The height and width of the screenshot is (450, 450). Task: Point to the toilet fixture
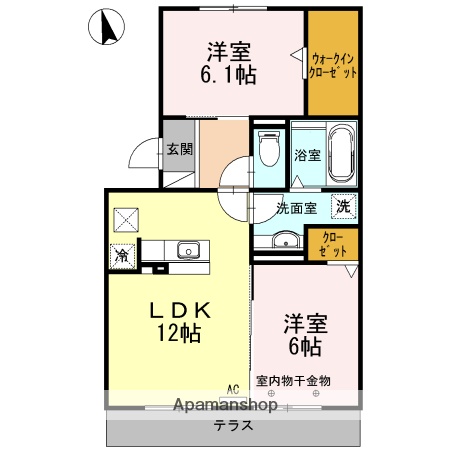tap(268, 150)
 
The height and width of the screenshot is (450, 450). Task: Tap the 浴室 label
tap(307, 155)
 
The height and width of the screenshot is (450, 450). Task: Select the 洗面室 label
tap(297, 208)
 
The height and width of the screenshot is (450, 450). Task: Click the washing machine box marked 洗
tap(343, 207)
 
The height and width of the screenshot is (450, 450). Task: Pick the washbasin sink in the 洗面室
tap(284, 240)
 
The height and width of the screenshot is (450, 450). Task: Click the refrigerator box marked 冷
tap(122, 253)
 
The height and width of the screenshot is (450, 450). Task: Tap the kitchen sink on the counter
tap(188, 250)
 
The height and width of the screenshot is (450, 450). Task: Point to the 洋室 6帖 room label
tap(305, 334)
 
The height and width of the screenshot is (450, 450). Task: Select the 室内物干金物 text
tap(293, 380)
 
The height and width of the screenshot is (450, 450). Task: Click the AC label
tap(232, 389)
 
